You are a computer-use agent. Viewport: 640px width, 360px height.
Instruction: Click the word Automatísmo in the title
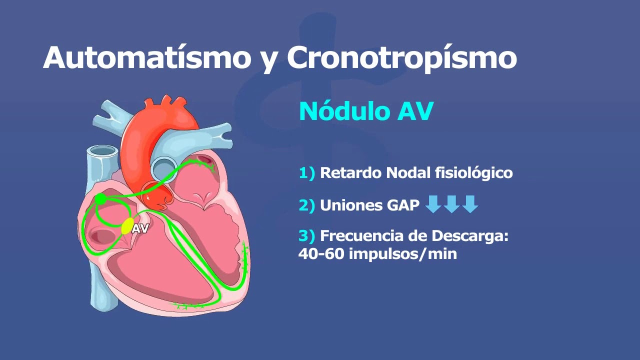coord(146,57)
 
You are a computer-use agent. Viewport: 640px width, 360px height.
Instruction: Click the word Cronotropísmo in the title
coord(401,58)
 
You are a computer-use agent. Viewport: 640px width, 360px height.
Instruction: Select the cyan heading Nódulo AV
coord(365,111)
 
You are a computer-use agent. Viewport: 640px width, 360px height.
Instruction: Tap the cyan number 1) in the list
coord(307,173)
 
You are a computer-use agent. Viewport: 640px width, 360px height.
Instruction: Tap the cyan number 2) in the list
coord(307,205)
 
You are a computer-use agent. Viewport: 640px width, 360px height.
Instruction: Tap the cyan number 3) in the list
coord(307,236)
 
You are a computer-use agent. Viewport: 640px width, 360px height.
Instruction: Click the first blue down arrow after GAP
coord(433,204)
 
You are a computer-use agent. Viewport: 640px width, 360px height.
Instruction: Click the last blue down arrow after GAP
coord(470,204)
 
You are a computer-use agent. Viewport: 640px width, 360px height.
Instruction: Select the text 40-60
coord(321,253)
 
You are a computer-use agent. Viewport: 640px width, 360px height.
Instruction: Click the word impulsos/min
coord(403,254)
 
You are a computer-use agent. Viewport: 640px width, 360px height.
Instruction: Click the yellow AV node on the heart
coord(127,226)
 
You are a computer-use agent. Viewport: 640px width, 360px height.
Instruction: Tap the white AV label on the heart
coord(140,229)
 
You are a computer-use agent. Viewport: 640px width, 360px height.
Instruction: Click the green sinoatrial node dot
coord(100,199)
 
